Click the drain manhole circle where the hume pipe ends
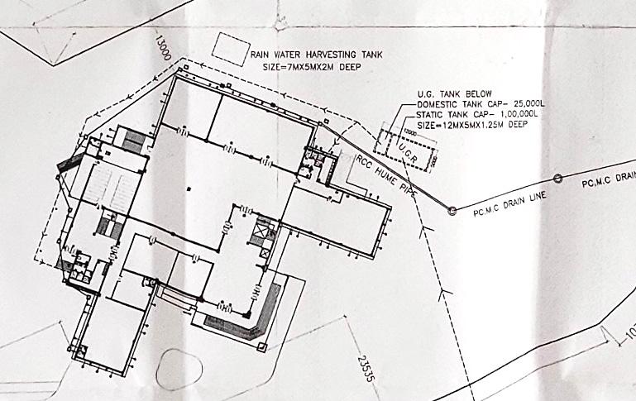452,211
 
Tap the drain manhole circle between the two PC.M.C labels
557,179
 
